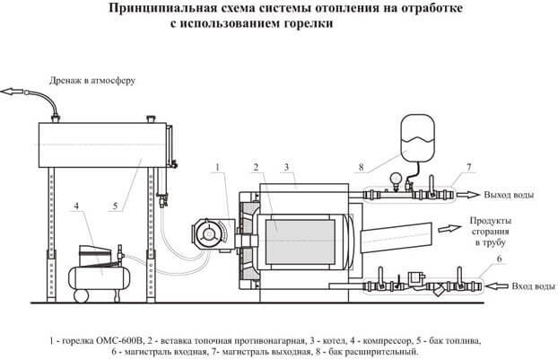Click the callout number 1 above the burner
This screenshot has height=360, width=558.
click(x=218, y=167)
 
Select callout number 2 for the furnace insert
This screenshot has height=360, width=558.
click(x=256, y=167)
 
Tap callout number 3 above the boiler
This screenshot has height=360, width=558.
click(x=286, y=167)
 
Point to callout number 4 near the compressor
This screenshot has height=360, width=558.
click(x=76, y=206)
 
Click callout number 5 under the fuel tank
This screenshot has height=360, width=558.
click(x=115, y=206)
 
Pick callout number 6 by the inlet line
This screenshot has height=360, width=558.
click(x=499, y=259)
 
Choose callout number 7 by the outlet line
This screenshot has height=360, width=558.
click(x=468, y=167)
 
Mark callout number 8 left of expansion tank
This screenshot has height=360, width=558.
click(x=362, y=167)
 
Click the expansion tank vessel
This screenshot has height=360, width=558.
click(x=418, y=138)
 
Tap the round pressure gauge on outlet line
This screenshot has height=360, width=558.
click(x=395, y=178)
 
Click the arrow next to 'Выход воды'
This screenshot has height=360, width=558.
click(x=468, y=195)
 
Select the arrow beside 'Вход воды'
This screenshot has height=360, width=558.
click(x=498, y=285)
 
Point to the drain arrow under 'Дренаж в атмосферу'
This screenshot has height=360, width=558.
click(x=12, y=92)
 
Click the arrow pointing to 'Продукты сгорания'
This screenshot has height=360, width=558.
click(x=449, y=228)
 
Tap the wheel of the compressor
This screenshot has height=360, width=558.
click(x=81, y=296)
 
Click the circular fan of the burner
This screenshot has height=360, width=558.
click(x=207, y=234)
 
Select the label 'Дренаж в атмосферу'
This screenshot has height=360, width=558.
click(x=92, y=81)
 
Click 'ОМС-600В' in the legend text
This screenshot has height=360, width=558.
click(x=120, y=341)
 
